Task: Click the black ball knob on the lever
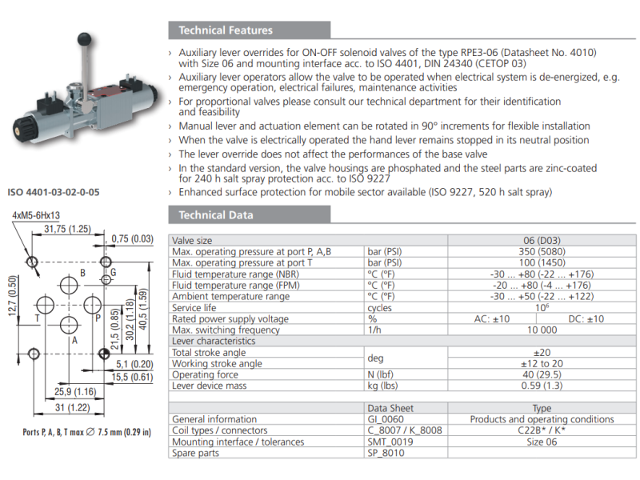click(83, 38)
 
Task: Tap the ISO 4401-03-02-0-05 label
click(54, 192)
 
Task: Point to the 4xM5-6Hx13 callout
click(36, 215)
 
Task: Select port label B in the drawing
click(82, 274)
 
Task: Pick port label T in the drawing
click(37, 318)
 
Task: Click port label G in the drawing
click(114, 272)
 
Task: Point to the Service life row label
click(194, 307)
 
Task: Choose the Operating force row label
click(206, 374)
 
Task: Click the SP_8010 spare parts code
click(387, 453)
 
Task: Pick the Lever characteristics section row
click(214, 341)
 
